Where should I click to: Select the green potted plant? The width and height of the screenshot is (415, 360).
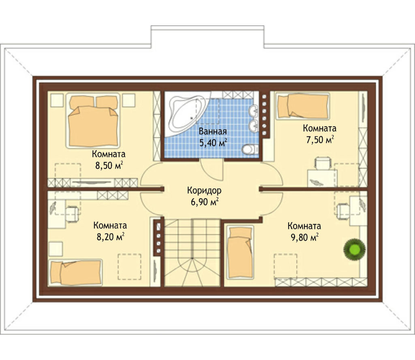click(x=354, y=249)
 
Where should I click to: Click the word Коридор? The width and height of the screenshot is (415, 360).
click(x=204, y=190)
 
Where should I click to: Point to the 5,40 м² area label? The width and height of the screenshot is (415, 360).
click(x=213, y=143)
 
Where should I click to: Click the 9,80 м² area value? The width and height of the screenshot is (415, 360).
click(x=304, y=237)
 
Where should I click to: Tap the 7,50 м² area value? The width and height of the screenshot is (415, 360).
click(x=320, y=139)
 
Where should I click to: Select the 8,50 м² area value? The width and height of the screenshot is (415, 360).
click(x=109, y=165)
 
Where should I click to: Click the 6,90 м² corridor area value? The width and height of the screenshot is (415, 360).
click(x=205, y=202)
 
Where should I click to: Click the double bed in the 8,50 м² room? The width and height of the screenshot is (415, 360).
click(x=93, y=120)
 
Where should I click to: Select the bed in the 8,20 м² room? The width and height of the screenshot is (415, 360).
click(x=76, y=273)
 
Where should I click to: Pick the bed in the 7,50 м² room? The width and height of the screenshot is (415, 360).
click(x=303, y=106)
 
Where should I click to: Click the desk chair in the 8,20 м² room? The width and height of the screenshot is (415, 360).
click(x=72, y=214)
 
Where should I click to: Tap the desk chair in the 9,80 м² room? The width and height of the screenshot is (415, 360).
click(x=343, y=211)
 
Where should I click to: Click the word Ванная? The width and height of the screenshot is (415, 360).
click(x=213, y=132)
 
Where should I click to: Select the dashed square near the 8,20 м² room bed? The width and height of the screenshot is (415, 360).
click(x=129, y=266)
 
